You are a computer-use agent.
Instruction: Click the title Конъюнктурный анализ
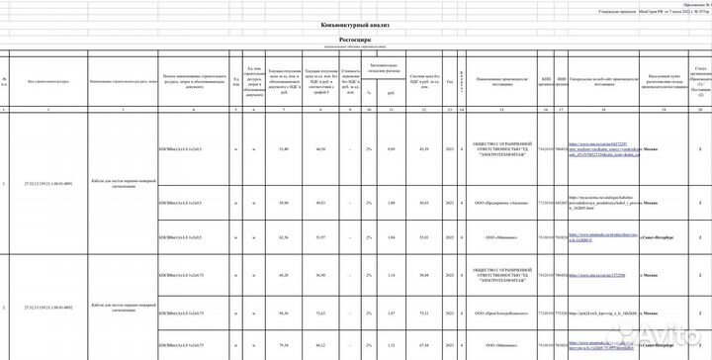pos(355,25)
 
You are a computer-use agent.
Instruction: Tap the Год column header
pos(450,82)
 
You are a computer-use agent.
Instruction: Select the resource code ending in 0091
pos(47,185)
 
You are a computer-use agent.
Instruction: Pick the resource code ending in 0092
pos(47,309)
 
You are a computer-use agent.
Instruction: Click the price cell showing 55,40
pos(284,148)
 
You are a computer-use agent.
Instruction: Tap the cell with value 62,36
pos(284,237)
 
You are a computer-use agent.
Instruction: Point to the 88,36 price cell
pos(284,313)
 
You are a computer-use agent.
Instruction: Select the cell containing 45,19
pos(425,148)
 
